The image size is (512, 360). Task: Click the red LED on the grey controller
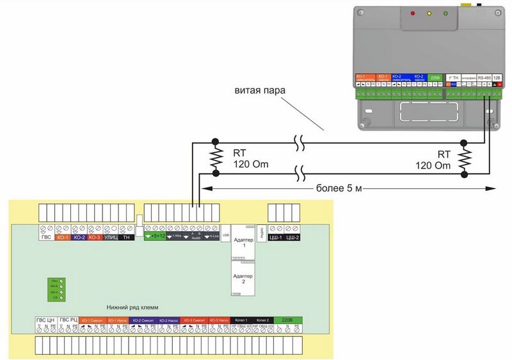click(413, 13)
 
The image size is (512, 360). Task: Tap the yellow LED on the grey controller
click(428, 13)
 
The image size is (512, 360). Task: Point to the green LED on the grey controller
click(444, 13)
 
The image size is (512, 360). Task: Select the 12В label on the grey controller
click(497, 76)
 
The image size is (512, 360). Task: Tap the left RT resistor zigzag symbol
click(215, 157)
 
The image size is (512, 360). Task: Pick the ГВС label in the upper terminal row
click(47, 237)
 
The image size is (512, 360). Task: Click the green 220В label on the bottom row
click(288, 320)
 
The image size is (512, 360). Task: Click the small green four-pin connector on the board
click(53, 289)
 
